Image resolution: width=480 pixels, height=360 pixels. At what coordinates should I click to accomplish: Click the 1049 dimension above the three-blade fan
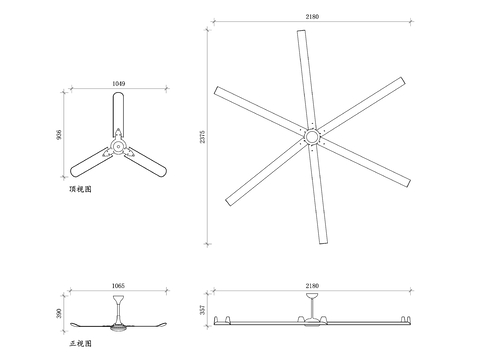[118, 84]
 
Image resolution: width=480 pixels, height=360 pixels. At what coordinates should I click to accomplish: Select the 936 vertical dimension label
[59, 137]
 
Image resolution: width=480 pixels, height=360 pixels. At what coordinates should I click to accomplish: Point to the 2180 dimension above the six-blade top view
[313, 16]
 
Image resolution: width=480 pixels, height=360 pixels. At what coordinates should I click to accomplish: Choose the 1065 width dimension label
[118, 287]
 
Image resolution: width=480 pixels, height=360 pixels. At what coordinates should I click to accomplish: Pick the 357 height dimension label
[203, 311]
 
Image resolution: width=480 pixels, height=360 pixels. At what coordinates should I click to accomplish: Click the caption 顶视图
[80, 187]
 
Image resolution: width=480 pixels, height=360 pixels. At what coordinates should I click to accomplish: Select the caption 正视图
[81, 343]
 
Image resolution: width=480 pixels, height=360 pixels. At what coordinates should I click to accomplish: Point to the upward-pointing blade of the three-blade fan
[118, 110]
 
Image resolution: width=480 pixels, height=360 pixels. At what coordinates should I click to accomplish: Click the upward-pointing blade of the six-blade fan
[304, 80]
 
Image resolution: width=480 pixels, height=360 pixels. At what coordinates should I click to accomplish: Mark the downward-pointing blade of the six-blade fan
[319, 195]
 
